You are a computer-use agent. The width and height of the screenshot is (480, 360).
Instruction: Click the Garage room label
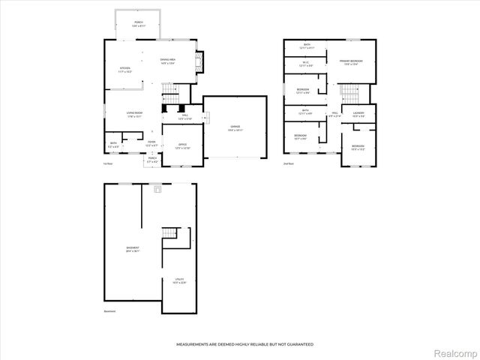click(235, 128)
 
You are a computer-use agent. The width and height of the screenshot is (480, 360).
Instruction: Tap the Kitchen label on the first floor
click(125, 70)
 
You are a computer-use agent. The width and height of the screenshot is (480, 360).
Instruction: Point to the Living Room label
click(135, 114)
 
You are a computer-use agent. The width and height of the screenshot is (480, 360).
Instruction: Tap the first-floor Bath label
click(113, 144)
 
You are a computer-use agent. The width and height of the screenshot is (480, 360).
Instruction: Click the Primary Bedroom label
click(350, 62)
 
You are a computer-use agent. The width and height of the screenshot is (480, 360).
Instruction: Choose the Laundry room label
click(358, 115)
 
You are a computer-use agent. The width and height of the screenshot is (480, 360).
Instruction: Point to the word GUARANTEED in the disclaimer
click(298, 344)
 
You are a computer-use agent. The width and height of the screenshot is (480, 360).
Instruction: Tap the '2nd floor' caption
click(288, 163)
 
